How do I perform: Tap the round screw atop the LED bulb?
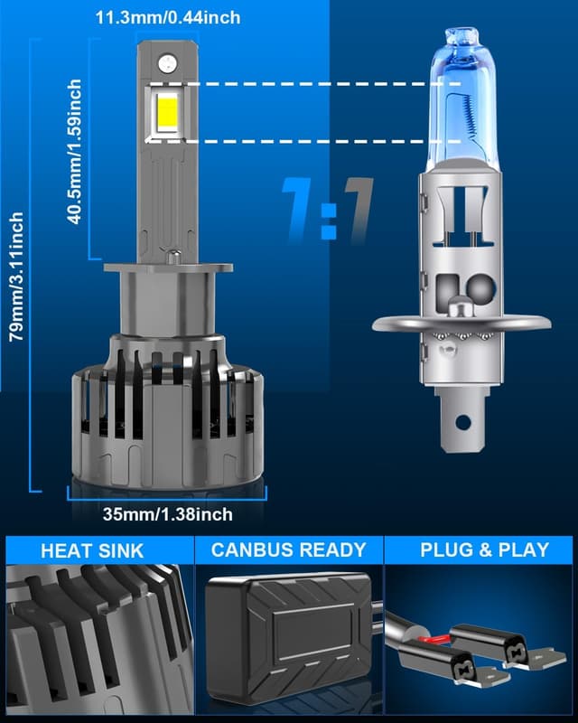166,62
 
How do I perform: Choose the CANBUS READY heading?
289,549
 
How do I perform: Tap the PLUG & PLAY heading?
483,549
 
